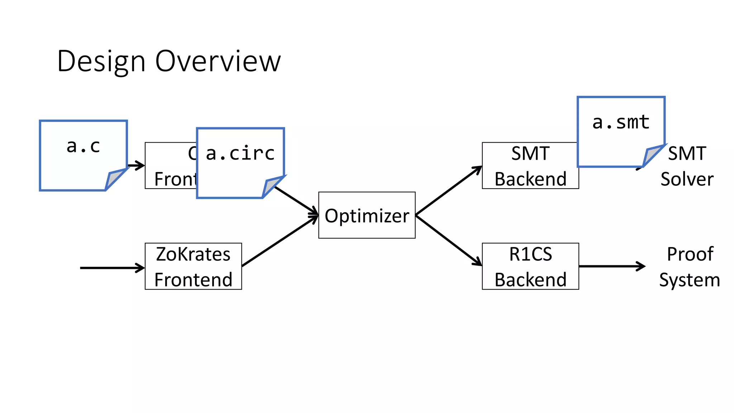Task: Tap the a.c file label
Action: point(83,146)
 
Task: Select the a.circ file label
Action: point(240,153)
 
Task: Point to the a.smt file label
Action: point(621,122)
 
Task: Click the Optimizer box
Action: point(367,215)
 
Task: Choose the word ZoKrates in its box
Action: point(193,254)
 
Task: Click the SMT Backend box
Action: point(530,166)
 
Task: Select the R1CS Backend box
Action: point(530,266)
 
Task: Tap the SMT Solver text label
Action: point(687,166)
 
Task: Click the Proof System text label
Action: point(690,267)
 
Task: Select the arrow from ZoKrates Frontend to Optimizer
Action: point(280,241)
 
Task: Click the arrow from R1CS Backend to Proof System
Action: point(611,266)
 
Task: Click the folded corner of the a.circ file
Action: point(271,186)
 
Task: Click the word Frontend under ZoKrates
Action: point(193,280)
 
